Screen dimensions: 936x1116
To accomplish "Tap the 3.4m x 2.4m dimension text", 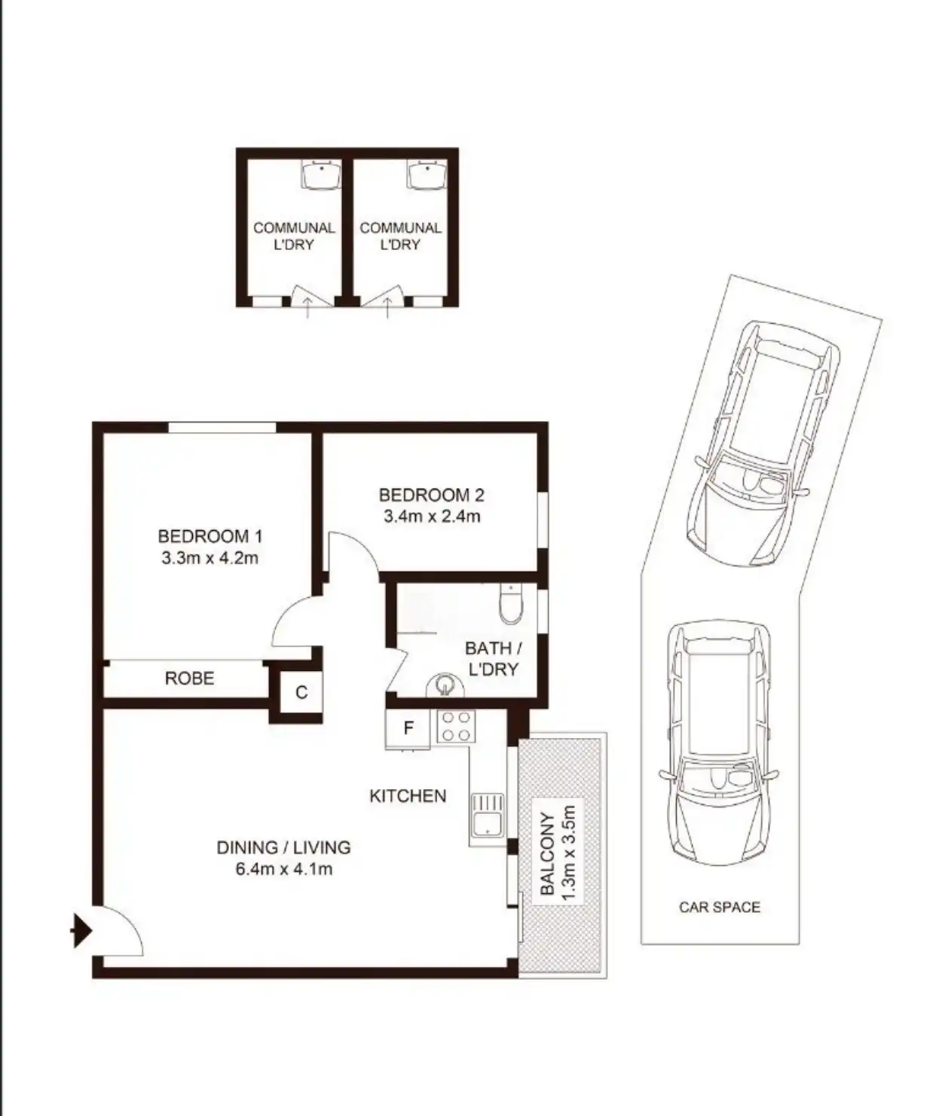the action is tap(432, 517).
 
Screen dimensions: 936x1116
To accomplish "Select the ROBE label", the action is tap(189, 678).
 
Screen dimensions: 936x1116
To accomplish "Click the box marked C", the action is tap(301, 693).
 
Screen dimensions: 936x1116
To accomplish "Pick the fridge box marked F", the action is tap(408, 728).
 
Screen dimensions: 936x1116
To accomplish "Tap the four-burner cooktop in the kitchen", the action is tap(456, 727).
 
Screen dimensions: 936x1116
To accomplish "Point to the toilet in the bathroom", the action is tap(511, 604).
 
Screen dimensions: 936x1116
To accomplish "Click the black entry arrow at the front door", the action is tap(81, 931).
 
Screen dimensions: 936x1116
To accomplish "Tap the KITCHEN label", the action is tap(408, 796).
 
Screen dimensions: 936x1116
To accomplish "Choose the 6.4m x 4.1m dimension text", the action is tap(284, 869).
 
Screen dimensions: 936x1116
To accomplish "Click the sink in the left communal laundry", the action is tap(321, 174).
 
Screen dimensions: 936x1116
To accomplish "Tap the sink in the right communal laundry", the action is tap(427, 174).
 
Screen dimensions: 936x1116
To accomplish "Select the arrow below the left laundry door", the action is tap(307, 309).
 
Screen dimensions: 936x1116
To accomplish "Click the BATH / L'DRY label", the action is tap(493, 658).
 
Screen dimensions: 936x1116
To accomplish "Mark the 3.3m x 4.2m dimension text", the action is tap(210, 558).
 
